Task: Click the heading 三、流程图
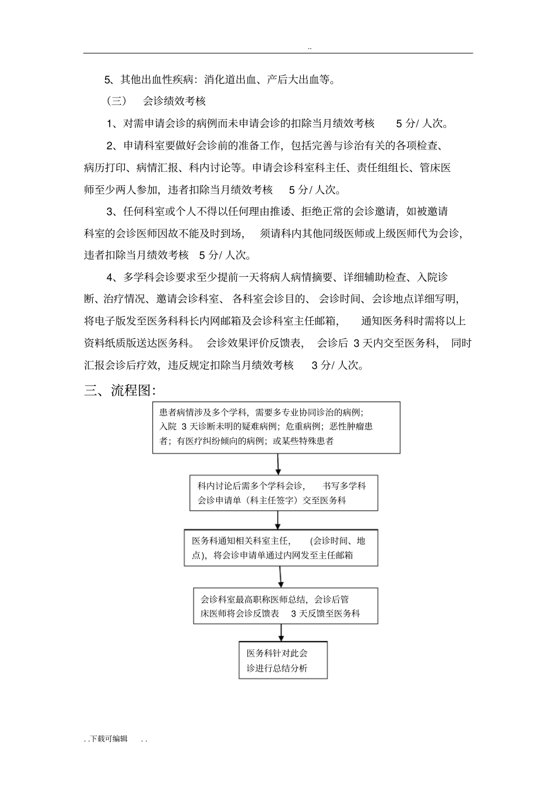[120, 390]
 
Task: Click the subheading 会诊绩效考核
[174, 101]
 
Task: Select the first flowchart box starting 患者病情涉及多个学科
[276, 427]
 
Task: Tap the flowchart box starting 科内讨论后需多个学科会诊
[284, 493]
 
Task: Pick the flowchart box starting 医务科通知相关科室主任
[281, 548]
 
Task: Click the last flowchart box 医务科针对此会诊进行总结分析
[283, 660]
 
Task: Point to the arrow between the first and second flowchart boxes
[278, 464]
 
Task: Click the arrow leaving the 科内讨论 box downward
[278, 520]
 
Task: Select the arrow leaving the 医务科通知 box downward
[281, 577]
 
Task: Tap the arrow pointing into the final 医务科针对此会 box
[281, 632]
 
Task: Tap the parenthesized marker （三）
[117, 101]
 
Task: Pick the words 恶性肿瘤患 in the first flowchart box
[351, 426]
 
